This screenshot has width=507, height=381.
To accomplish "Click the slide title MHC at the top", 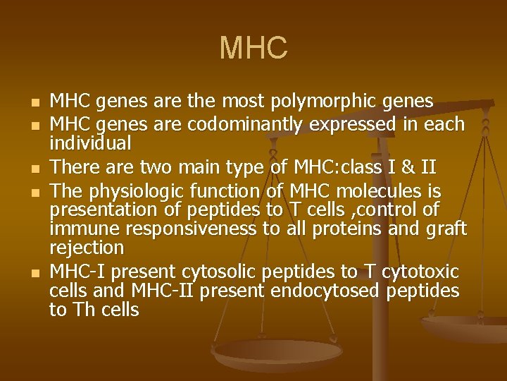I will point(254,48).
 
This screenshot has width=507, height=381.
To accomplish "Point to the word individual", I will point(90,143).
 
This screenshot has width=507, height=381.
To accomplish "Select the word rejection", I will point(87,248).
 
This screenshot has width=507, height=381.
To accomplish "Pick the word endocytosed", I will point(329,291).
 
